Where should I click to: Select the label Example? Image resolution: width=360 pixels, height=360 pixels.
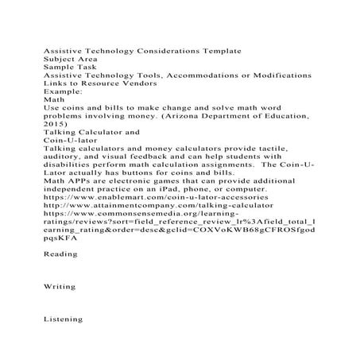63,91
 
